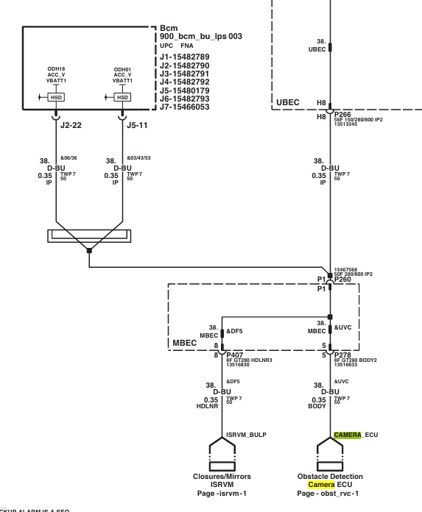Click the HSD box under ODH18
(56, 97)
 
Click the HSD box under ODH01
(122, 97)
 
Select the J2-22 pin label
(71, 125)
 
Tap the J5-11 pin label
(137, 125)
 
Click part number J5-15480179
(184, 90)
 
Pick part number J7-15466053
(184, 107)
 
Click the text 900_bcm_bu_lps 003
(201, 36)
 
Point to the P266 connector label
(342, 115)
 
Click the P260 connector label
(342, 280)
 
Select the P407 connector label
(235, 355)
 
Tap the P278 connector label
(342, 355)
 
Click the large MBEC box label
(185, 343)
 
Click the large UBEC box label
(288, 102)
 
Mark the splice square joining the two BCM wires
(89, 251)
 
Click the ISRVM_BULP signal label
(246, 435)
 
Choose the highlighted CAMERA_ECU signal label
(356, 435)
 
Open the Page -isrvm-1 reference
(222, 494)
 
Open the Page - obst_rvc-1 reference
(328, 494)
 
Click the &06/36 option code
(68, 158)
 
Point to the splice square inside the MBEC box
(330, 317)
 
